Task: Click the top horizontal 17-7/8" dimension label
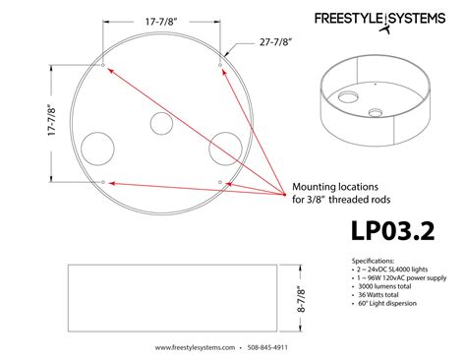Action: [161, 19]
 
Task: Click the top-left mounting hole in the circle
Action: [103, 69]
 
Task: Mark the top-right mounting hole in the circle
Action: [218, 68]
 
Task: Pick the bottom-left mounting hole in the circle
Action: [103, 183]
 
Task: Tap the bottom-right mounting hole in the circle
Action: [218, 183]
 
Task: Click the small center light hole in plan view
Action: [161, 124]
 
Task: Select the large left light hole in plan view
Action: [98, 149]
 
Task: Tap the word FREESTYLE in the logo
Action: [350, 19]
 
